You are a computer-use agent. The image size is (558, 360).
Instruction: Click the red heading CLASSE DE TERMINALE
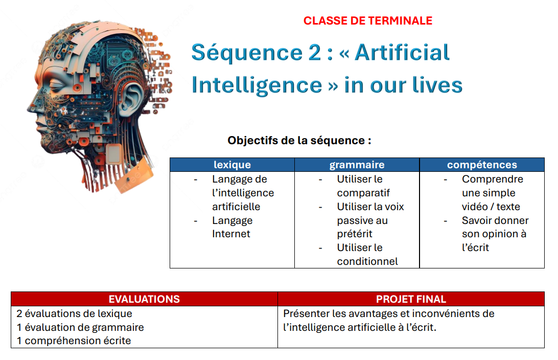(x=367, y=21)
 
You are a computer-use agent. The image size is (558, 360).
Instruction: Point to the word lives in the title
(x=435, y=85)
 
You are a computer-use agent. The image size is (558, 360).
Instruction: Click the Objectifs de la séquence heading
(x=299, y=140)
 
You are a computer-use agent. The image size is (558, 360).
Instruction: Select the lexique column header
(x=232, y=165)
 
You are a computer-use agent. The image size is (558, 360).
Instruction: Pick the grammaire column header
(x=357, y=165)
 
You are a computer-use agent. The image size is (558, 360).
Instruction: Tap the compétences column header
(x=481, y=165)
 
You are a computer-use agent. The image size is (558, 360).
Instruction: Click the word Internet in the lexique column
(x=231, y=234)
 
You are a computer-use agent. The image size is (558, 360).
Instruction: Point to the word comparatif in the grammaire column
(x=363, y=193)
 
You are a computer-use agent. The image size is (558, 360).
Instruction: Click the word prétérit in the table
(x=355, y=234)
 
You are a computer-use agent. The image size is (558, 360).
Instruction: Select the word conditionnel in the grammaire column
(x=367, y=262)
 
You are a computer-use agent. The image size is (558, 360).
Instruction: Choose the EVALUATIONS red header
(x=144, y=299)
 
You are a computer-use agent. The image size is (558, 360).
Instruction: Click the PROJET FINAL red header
(x=411, y=299)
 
